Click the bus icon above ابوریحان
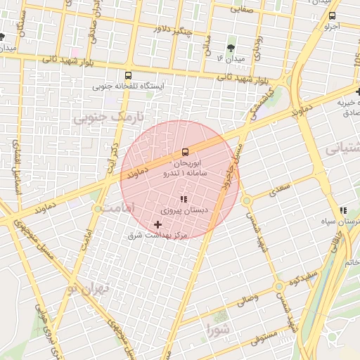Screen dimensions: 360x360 (x=185, y=151)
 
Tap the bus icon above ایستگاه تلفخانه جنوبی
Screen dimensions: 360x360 (x=127, y=75)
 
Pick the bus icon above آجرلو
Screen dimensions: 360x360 (x=332, y=15)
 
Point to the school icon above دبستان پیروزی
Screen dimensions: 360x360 (x=184, y=200)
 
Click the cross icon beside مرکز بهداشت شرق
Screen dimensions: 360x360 (x=157, y=224)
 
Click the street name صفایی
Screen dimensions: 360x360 (x=243, y=10)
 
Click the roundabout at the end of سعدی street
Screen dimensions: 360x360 (x=246, y=201)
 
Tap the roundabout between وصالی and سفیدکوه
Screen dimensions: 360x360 (x=279, y=287)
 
